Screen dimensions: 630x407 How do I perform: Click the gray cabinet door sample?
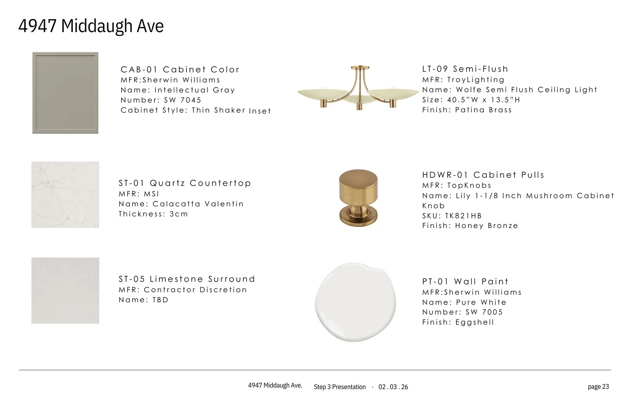(x=65, y=93)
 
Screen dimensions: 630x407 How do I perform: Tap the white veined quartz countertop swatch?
(x=65, y=194)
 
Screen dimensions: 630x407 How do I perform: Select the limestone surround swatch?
(x=65, y=291)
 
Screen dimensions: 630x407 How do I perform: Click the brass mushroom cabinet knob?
(x=358, y=197)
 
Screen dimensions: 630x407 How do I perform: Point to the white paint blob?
(x=355, y=302)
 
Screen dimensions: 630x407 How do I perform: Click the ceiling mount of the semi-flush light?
(x=360, y=67)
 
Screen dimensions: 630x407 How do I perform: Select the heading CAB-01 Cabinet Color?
(x=180, y=69)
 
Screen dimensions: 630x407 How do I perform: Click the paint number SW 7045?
(x=183, y=100)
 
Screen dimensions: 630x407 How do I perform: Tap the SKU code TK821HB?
(x=464, y=216)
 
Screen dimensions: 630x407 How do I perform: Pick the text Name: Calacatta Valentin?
(x=181, y=203)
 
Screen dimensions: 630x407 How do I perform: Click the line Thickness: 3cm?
(x=153, y=214)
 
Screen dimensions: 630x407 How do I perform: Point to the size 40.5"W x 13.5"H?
(x=484, y=100)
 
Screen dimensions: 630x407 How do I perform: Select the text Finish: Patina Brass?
(x=467, y=110)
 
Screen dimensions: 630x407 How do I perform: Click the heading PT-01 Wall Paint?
(x=465, y=282)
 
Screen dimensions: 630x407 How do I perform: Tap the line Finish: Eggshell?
(x=458, y=322)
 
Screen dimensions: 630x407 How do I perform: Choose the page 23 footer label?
(x=598, y=387)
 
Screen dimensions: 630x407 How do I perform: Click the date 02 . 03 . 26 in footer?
(x=393, y=387)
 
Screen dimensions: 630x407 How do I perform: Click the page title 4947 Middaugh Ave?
(x=91, y=26)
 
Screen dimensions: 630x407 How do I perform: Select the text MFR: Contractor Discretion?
(x=183, y=289)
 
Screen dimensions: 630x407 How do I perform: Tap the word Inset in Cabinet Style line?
(x=260, y=111)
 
